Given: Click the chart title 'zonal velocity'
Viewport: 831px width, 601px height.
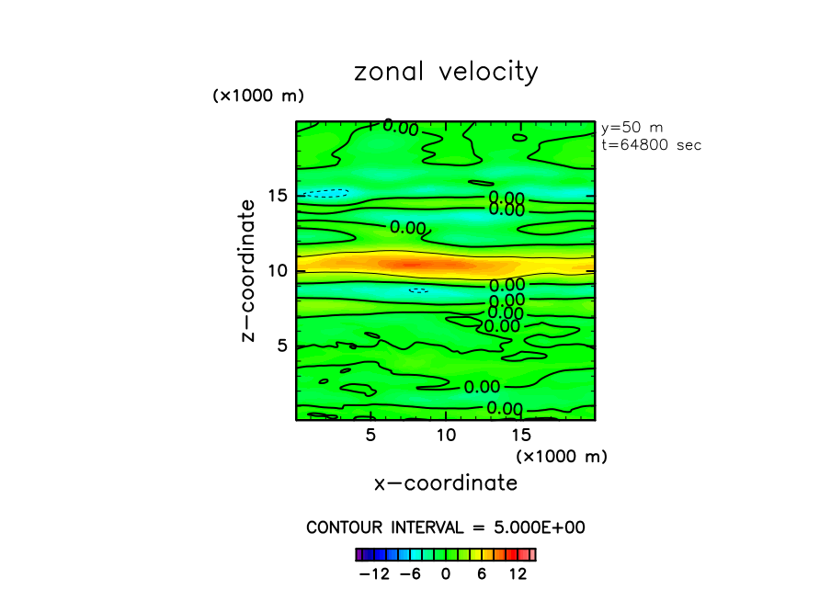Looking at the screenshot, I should (x=446, y=73).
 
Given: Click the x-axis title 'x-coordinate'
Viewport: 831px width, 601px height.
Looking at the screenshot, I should (x=445, y=482).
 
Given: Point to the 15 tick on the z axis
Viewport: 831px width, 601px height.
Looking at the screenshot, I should (x=277, y=196).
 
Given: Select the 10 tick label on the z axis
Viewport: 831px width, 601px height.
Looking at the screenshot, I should (x=277, y=270).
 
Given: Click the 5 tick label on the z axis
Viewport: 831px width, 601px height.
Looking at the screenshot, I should (x=281, y=346).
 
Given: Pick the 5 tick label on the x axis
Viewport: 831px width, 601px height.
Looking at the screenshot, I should (x=370, y=434).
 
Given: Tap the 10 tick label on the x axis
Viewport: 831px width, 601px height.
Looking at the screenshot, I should (x=445, y=434).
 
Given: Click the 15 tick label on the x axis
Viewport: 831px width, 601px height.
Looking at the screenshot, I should (x=520, y=434).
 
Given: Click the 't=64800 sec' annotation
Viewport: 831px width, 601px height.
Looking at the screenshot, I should (x=651, y=144).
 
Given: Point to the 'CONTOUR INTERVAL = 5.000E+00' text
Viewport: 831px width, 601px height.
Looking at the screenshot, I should (x=446, y=527).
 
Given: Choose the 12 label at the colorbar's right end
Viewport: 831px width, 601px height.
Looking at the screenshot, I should (x=518, y=574).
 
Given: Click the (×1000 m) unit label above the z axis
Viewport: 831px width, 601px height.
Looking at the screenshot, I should (x=258, y=96).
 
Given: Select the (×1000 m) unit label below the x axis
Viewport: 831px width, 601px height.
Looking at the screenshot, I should (x=562, y=456).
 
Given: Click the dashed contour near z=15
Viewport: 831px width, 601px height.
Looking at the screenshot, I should (x=327, y=193).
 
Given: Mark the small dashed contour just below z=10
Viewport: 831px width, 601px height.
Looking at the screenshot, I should (x=418, y=290).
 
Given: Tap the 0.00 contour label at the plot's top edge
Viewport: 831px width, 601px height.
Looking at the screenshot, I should (x=402, y=128).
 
